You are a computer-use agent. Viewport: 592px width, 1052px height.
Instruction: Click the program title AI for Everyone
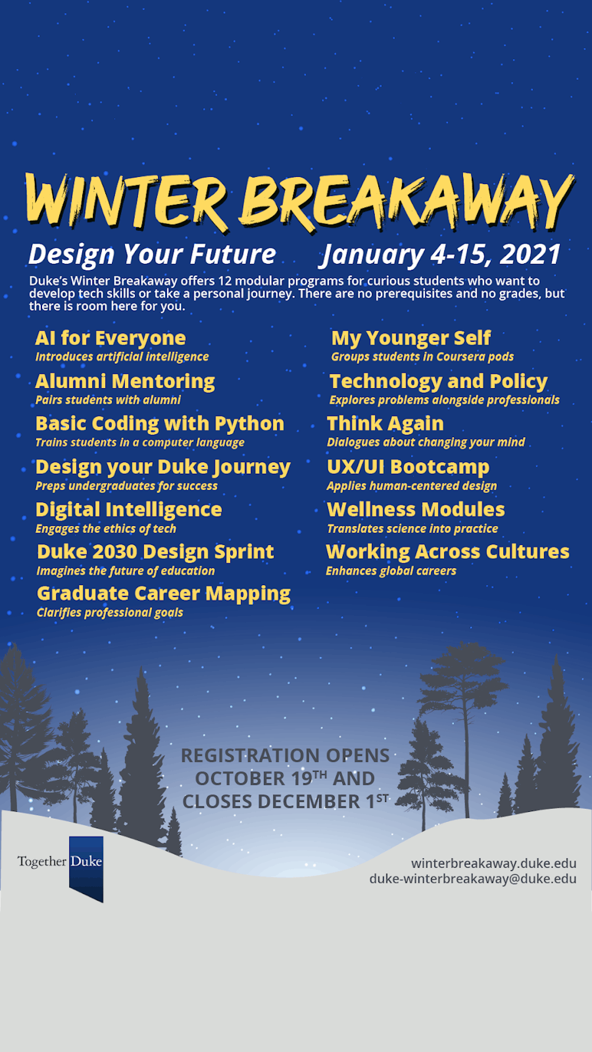tap(111, 338)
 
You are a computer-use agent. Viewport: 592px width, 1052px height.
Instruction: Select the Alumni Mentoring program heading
tap(125, 382)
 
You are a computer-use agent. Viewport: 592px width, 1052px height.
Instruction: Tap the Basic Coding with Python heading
tap(160, 424)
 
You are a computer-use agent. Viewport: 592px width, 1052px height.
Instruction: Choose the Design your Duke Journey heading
tap(163, 467)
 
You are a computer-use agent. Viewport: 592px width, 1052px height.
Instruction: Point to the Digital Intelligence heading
tap(129, 510)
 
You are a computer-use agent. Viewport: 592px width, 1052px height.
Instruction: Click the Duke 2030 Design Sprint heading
tap(156, 552)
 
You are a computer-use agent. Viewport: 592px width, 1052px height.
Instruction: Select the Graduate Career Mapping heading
tap(164, 594)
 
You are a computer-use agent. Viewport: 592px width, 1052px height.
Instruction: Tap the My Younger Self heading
tap(411, 338)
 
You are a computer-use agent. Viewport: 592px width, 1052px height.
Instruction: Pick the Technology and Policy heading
tap(439, 382)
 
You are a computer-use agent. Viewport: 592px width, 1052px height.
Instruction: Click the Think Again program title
tap(385, 424)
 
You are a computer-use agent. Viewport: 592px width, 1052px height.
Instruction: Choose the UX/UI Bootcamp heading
tap(408, 467)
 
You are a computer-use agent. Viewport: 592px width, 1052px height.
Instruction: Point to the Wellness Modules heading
tap(416, 510)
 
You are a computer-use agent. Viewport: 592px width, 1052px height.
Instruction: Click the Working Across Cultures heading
tap(448, 552)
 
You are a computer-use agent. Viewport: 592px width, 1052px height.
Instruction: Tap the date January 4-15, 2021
tap(441, 255)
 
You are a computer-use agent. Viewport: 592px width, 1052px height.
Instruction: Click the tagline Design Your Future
tap(152, 255)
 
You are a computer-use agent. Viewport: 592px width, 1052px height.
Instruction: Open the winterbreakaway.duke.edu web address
tap(494, 864)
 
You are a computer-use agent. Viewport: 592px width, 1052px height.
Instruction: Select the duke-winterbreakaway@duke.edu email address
tap(473, 879)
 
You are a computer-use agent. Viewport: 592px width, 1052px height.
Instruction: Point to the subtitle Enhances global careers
tap(391, 571)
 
